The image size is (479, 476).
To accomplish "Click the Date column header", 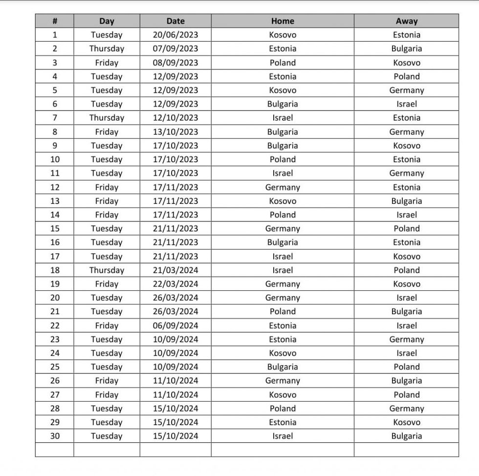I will [175, 21].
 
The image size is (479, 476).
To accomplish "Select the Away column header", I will [406, 21].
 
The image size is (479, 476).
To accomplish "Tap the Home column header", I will [283, 21].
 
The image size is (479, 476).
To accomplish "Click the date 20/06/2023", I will [175, 35].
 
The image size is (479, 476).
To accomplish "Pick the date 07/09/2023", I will [175, 48].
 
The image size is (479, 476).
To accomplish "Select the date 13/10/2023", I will [175, 132].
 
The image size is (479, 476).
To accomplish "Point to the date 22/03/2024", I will [175, 284].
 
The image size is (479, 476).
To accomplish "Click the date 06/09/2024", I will [175, 325].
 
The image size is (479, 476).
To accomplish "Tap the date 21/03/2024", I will [175, 270].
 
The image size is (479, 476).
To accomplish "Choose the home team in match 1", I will [283, 35].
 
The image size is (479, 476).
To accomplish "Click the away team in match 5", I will [406, 90].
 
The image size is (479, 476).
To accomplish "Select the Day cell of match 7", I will [107, 118].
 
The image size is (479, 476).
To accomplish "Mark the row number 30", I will [55, 436].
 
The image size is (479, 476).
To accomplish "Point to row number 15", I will [55, 229].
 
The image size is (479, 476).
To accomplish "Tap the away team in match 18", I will [406, 270].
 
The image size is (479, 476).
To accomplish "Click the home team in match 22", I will [283, 325].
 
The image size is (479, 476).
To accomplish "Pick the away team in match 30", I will [406, 436].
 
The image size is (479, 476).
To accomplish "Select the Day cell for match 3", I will [107, 63].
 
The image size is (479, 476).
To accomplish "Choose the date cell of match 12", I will [175, 187].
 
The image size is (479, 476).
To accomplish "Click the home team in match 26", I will [283, 381].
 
